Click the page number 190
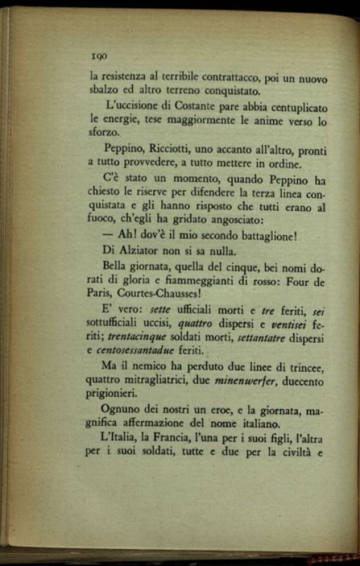pos(99,56)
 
